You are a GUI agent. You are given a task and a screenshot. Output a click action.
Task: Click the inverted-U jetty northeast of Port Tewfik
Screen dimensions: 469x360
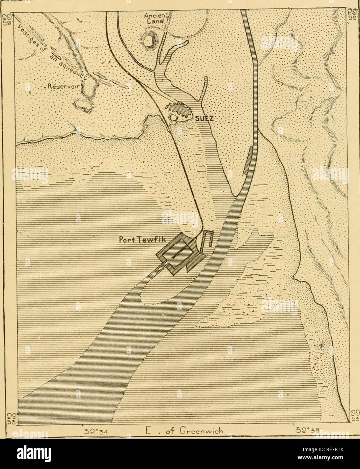(x=207, y=239)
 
